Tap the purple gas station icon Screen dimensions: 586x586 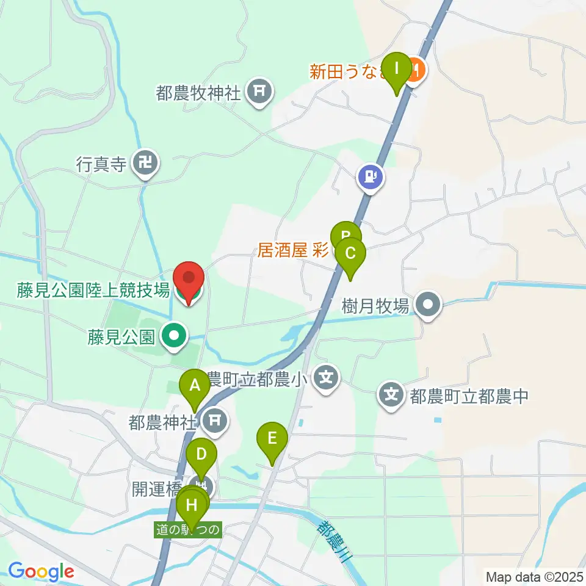(370, 178)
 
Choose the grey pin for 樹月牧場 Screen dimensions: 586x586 (429, 304)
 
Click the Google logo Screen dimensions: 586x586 (40, 572)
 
